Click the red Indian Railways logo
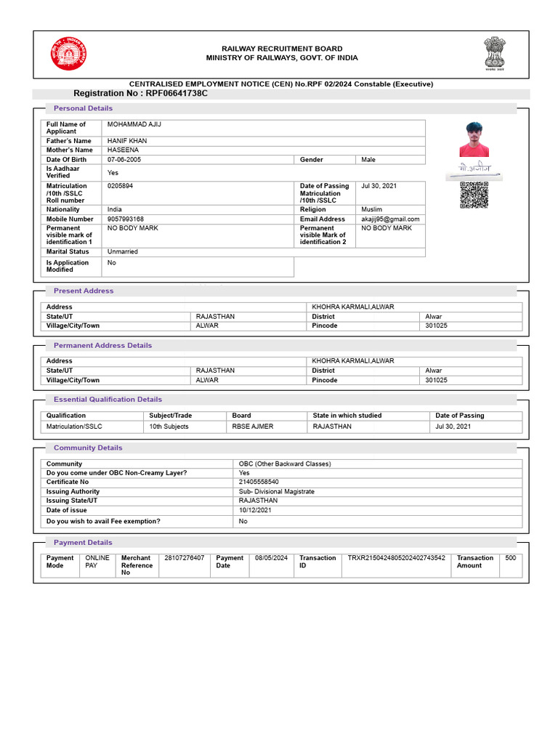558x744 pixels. [68, 54]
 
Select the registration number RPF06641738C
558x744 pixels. [140, 94]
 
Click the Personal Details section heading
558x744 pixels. [83, 108]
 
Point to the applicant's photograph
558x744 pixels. [474, 139]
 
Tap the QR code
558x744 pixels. [474, 195]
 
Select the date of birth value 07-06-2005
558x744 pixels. [124, 159]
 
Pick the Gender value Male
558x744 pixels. [368, 159]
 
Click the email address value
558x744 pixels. [390, 219]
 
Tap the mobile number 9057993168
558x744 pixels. [126, 219]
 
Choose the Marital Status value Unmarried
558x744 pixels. [122, 251]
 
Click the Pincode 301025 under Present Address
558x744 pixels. [436, 325]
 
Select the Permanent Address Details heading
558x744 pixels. [102, 345]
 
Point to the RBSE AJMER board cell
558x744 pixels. [253, 426]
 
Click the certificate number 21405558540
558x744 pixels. [259, 482]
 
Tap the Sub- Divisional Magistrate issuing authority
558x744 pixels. [277, 491]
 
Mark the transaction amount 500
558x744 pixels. [510, 558]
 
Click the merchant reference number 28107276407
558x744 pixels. [185, 558]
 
